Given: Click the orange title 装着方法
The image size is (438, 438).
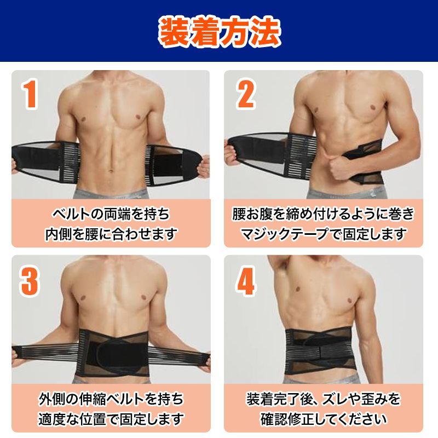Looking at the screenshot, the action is point(220,32).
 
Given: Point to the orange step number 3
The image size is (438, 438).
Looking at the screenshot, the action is point(30,281).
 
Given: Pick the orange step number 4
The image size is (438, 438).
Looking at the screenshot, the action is point(245,281).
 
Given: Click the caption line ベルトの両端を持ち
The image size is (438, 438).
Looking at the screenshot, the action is point(111,214).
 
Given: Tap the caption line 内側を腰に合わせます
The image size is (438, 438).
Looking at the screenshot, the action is point(111,234).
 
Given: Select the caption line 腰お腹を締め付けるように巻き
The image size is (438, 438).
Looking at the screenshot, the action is point(323,214).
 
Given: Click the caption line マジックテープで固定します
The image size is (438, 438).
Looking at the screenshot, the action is point(323,234).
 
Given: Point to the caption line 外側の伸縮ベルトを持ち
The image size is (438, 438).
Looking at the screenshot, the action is point(111,399).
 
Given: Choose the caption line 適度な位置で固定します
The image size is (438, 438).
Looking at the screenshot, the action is point(111,419).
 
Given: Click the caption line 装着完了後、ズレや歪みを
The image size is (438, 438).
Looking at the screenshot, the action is point(323,399).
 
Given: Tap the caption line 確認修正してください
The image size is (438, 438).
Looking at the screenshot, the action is point(323,419).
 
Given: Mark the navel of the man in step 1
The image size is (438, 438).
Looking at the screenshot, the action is point(111,170).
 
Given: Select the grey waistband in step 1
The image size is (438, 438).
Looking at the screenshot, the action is point(111,194).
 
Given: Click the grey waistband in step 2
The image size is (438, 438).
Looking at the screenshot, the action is point(347,193).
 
